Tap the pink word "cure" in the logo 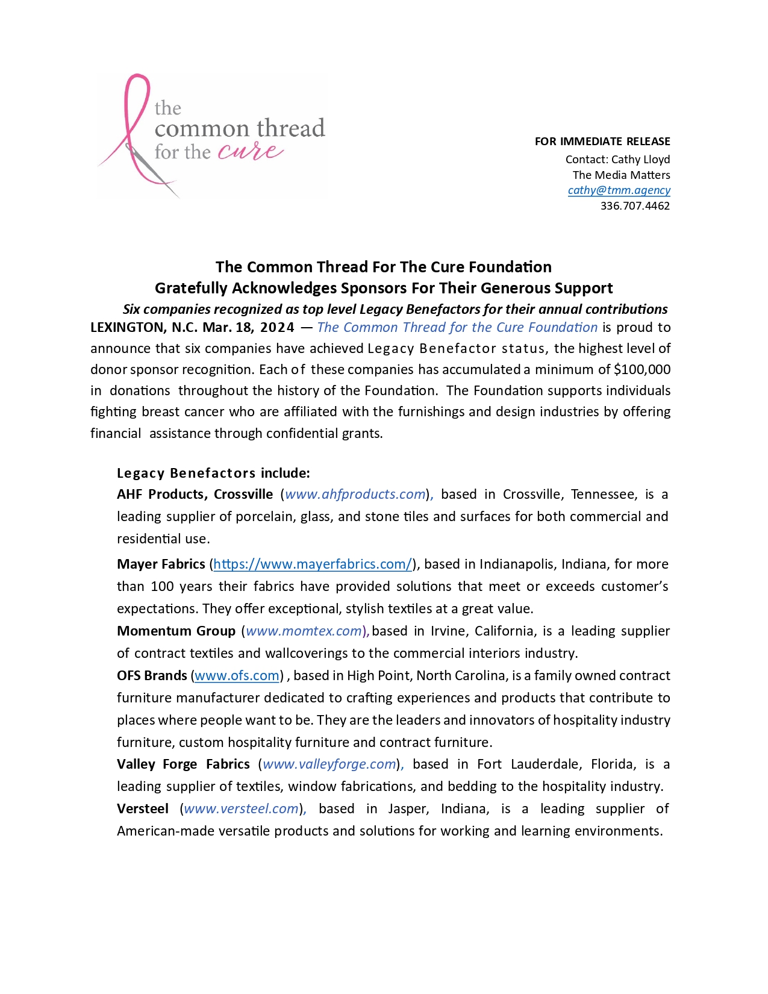[x=249, y=151]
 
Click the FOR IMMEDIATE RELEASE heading [x=602, y=142]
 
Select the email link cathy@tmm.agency [x=619, y=190]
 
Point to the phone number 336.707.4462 [x=635, y=206]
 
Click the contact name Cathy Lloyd [x=640, y=160]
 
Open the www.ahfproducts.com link [x=355, y=495]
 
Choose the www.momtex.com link [x=304, y=631]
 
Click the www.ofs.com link [x=237, y=676]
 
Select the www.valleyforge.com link [x=329, y=764]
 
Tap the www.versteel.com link [x=242, y=809]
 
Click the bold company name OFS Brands [x=152, y=676]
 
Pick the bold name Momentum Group [x=176, y=631]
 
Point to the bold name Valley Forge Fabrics [x=183, y=764]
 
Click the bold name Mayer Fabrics [x=161, y=564]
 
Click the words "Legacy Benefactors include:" [x=213, y=473]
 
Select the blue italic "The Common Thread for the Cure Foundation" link [x=457, y=328]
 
